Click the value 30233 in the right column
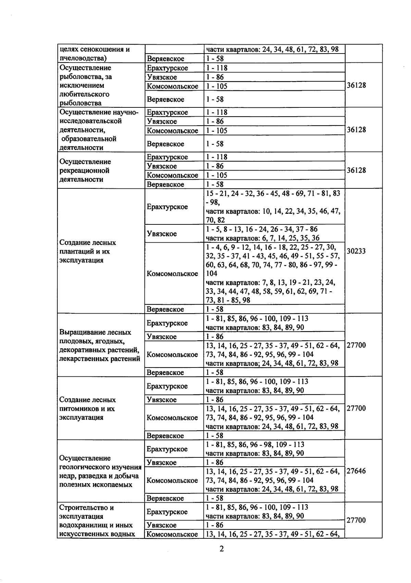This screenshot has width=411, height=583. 356,251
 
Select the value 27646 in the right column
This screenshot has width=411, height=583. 356,471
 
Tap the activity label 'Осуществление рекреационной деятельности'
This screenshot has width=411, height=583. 85,171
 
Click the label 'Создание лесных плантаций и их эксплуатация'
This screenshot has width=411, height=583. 88,251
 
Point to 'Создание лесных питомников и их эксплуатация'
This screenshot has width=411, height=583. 87,409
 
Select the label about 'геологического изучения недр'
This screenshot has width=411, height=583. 100,471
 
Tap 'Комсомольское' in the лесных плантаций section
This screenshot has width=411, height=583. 172,274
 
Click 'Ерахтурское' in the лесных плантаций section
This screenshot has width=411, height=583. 167,207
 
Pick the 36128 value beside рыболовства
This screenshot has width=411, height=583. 356,85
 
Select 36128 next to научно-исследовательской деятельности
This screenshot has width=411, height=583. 356,130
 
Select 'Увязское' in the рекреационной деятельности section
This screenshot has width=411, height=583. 162,166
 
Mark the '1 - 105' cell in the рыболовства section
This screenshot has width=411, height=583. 217,86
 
